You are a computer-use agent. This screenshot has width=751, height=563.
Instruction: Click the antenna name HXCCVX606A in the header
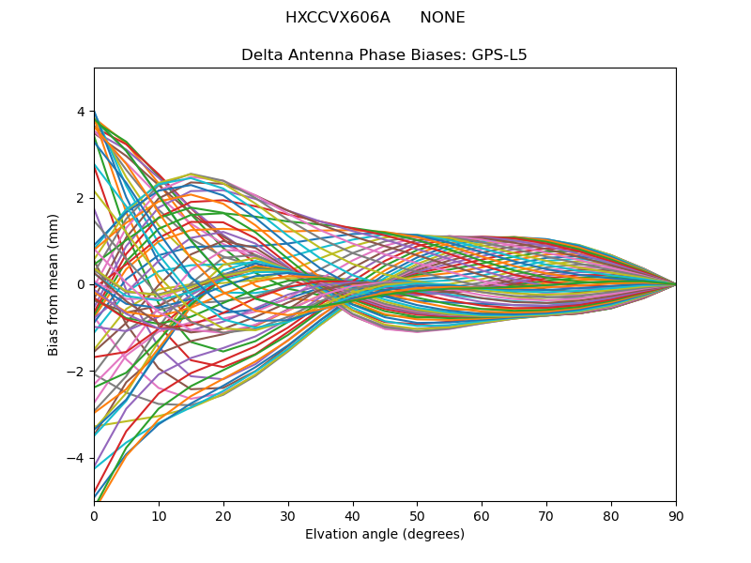coord(337,18)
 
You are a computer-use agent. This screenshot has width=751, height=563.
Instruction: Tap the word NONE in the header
coord(442,18)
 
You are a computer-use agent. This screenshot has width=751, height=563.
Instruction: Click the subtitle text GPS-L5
coord(498,55)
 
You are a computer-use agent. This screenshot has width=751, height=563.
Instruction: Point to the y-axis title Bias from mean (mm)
coord(54,284)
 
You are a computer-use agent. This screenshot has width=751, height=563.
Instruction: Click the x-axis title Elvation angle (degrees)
coord(385,535)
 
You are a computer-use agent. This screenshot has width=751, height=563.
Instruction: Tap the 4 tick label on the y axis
coord(81,112)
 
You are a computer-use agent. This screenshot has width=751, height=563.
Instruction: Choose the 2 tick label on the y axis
coord(81,198)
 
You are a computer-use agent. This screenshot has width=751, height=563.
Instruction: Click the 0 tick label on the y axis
coord(81,284)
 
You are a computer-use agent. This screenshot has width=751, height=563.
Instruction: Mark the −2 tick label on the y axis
coord(77,372)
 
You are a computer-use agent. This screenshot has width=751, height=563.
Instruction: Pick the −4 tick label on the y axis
coord(77,458)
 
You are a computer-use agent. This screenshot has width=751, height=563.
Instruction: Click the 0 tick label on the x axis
coord(94,515)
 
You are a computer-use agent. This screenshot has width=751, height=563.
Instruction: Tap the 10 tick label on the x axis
coord(159,515)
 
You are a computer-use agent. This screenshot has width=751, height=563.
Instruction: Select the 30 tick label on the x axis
coord(288,515)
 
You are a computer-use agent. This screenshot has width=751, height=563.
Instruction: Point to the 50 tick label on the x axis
coord(417,515)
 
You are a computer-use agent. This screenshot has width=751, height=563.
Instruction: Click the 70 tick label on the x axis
coord(546,515)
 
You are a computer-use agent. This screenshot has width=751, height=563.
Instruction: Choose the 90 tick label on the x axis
coord(676,515)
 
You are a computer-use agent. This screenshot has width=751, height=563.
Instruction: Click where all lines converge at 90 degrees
coord(675,284)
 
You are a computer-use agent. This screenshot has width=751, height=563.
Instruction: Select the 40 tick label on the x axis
coord(353,515)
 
